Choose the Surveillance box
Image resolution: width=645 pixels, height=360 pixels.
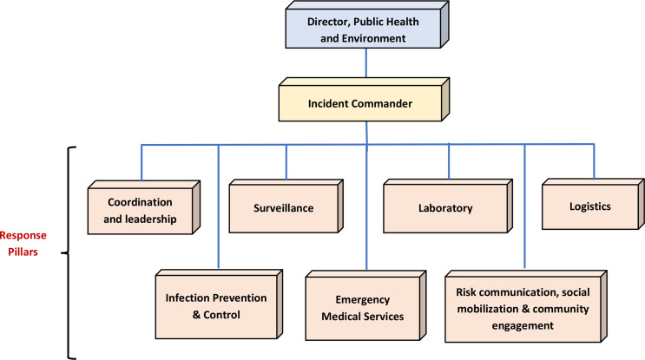click(284, 208)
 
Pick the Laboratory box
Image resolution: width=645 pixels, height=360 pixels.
click(444, 208)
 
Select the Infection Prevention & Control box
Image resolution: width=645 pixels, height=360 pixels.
click(215, 306)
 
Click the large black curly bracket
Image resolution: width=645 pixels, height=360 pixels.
click(71, 251)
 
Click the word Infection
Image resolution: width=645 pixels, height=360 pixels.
click(184, 298)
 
